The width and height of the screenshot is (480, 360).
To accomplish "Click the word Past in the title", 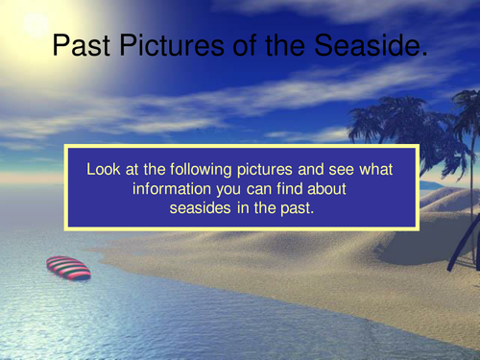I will click(78, 45).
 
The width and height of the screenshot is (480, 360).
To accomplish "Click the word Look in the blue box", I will click(104, 169).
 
